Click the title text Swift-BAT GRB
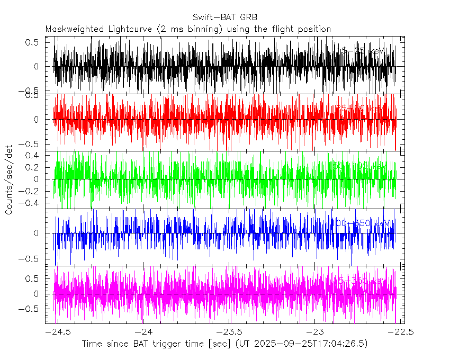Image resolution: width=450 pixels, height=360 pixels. click(225, 17)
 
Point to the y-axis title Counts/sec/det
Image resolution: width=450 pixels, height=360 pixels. click(8, 180)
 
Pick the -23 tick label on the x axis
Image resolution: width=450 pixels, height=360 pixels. click(314, 331)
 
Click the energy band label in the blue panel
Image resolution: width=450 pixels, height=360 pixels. click(364, 223)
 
